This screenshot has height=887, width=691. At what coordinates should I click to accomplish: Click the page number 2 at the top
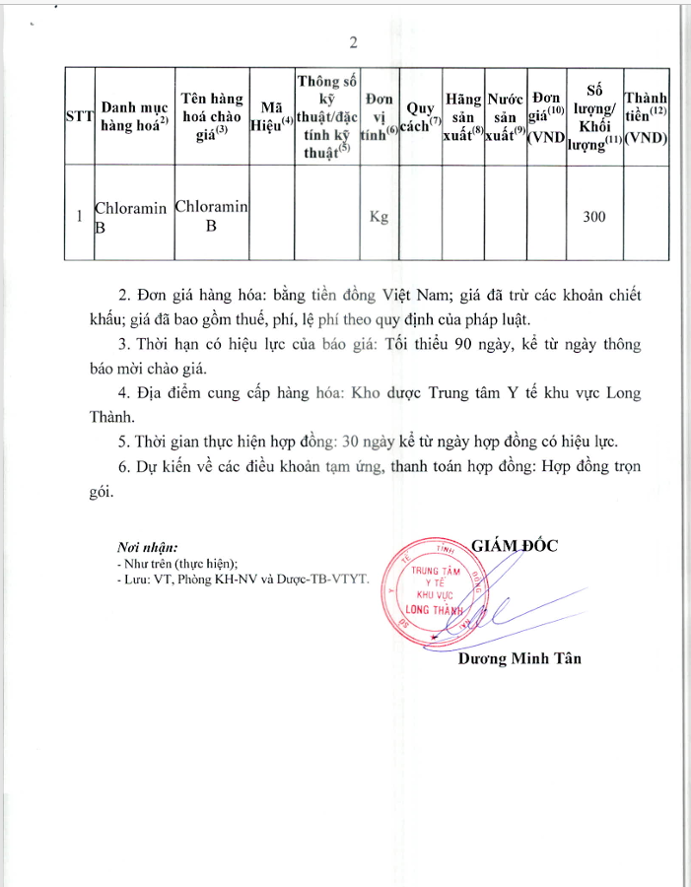click(x=352, y=41)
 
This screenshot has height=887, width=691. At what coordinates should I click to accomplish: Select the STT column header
click(x=79, y=115)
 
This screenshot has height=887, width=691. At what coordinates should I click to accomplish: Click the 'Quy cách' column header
click(x=422, y=115)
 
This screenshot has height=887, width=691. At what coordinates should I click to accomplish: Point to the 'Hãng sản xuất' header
click(x=463, y=116)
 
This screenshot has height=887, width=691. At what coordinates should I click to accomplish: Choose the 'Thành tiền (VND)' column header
click(x=647, y=115)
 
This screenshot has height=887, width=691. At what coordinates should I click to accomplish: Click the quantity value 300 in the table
click(x=593, y=217)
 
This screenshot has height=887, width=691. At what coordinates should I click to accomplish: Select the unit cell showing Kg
click(x=379, y=217)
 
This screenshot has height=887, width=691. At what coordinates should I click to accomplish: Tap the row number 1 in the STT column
click(x=79, y=217)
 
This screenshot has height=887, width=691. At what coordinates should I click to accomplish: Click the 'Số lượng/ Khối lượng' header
click(x=594, y=115)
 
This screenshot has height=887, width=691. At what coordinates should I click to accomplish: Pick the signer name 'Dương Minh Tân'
click(x=518, y=658)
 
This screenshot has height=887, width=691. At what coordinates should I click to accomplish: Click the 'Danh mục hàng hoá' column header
click(x=134, y=115)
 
